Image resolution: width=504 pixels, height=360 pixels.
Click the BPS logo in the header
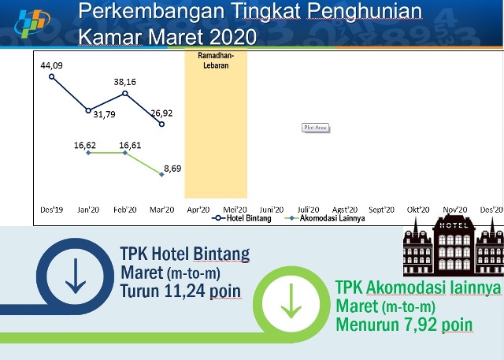32,23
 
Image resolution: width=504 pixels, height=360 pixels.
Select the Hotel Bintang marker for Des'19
51,76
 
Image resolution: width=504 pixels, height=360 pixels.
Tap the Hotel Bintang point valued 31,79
88,110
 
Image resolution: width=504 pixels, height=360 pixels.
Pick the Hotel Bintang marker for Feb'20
125,94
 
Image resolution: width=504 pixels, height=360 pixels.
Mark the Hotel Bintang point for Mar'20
161,124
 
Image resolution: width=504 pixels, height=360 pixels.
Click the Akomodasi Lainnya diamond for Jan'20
88,153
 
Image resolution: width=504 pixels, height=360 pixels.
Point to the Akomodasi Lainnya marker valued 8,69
161,175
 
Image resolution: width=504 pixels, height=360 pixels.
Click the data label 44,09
51,65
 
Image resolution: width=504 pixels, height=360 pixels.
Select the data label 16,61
130,145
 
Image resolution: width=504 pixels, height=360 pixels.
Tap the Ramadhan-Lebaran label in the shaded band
216,61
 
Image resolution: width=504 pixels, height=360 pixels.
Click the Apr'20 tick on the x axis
198,210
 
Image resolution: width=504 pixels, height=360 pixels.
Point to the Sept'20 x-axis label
381,210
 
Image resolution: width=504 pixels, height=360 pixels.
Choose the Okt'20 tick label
418,210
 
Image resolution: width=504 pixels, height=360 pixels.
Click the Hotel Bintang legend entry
242,218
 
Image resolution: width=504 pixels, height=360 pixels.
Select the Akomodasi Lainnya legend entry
324,218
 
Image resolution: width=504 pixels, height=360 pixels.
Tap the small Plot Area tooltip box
315,128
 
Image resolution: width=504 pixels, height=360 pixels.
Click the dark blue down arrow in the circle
76,276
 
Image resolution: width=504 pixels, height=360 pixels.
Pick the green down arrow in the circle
291,301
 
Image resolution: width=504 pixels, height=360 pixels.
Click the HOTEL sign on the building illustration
454,225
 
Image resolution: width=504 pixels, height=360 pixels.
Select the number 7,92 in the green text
421,325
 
